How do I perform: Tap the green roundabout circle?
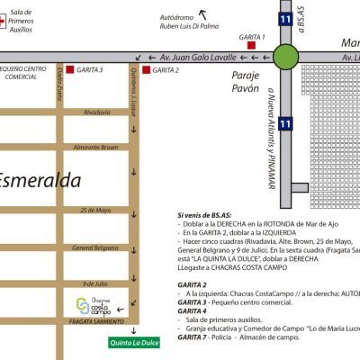pos(287,56)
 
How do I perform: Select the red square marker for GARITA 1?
pos(253,45)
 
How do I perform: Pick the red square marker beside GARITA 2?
pos(148,69)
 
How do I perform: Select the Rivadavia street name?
pos(97,112)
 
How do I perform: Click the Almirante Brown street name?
pos(96,146)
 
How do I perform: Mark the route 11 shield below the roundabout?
pos(285,122)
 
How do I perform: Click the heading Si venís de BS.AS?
pos(205,216)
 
